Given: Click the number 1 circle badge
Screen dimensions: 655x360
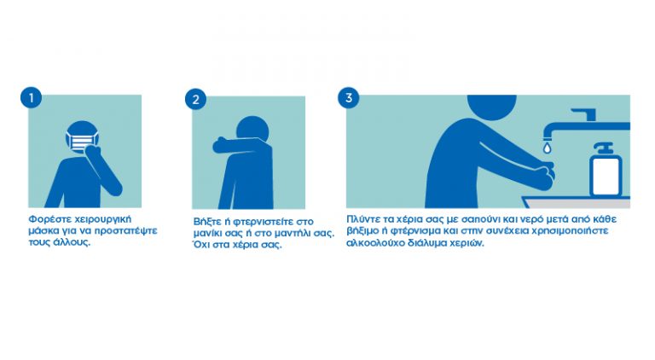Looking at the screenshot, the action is click(31, 98).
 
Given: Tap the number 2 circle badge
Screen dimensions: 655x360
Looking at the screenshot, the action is click(195, 100).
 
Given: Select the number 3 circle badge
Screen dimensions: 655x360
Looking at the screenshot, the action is click(348, 98).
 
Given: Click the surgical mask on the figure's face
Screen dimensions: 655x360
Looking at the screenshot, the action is click(82, 141).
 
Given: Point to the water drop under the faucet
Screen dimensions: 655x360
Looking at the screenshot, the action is click(548, 147).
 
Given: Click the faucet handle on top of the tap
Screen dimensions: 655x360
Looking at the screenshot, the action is click(584, 114).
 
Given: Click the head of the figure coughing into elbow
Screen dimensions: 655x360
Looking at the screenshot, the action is click(253, 129).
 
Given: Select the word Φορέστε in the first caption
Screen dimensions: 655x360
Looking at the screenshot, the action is click(44, 219).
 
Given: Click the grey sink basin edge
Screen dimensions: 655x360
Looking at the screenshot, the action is click(577, 202).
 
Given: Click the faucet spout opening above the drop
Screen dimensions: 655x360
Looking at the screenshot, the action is click(548, 138).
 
